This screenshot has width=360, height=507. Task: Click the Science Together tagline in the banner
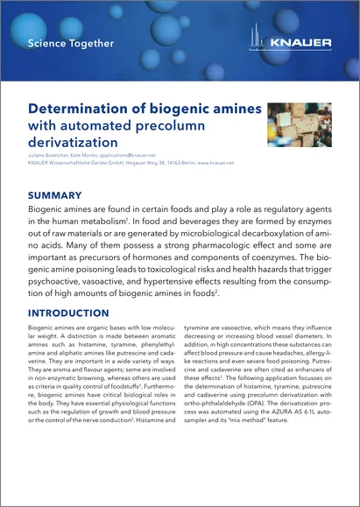(70, 42)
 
